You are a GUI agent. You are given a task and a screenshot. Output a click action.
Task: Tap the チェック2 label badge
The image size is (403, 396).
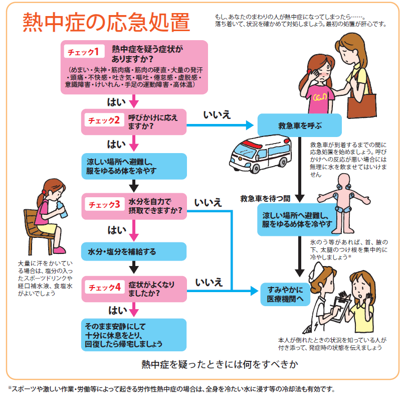pyautogui.click(x=104, y=120)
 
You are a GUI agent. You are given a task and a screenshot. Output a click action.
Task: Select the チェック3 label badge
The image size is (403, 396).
pyautogui.click(x=105, y=205)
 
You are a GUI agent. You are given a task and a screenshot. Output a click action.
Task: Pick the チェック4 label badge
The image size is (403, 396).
pyautogui.click(x=105, y=287)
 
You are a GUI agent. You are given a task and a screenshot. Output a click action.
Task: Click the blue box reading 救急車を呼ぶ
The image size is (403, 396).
pyautogui.click(x=299, y=125)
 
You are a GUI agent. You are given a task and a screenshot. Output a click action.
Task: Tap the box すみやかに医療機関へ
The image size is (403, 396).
pyautogui.click(x=285, y=294)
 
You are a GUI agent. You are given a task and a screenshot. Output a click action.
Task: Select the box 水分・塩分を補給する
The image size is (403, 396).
pyautogui.click(x=134, y=251)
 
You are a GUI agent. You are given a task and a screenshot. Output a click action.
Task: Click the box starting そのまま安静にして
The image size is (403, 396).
pyautogui.click(x=134, y=335)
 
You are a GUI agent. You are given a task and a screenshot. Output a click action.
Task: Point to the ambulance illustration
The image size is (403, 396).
pyautogui.click(x=260, y=154)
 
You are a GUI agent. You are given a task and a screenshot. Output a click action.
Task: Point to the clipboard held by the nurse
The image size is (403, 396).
pyautogui.click(x=339, y=308)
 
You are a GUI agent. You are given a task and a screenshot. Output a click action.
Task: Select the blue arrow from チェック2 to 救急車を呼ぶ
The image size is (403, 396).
pyautogui.click(x=220, y=125)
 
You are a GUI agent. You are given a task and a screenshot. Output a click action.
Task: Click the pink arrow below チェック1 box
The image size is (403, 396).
pyautogui.click(x=134, y=101)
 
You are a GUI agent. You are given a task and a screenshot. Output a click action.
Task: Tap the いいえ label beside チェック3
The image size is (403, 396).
pyautogui.click(x=208, y=203)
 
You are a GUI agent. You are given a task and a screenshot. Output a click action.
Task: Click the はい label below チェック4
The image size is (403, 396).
pyautogui.click(x=118, y=311)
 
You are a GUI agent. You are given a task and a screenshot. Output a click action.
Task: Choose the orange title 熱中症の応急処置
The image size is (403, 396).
pyautogui.click(x=106, y=22)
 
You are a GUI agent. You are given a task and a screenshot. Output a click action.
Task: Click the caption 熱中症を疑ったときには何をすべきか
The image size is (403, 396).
pyautogui.click(x=220, y=364)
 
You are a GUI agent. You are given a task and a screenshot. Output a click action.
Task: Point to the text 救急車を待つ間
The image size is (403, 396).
pyautogui.click(x=265, y=198)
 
